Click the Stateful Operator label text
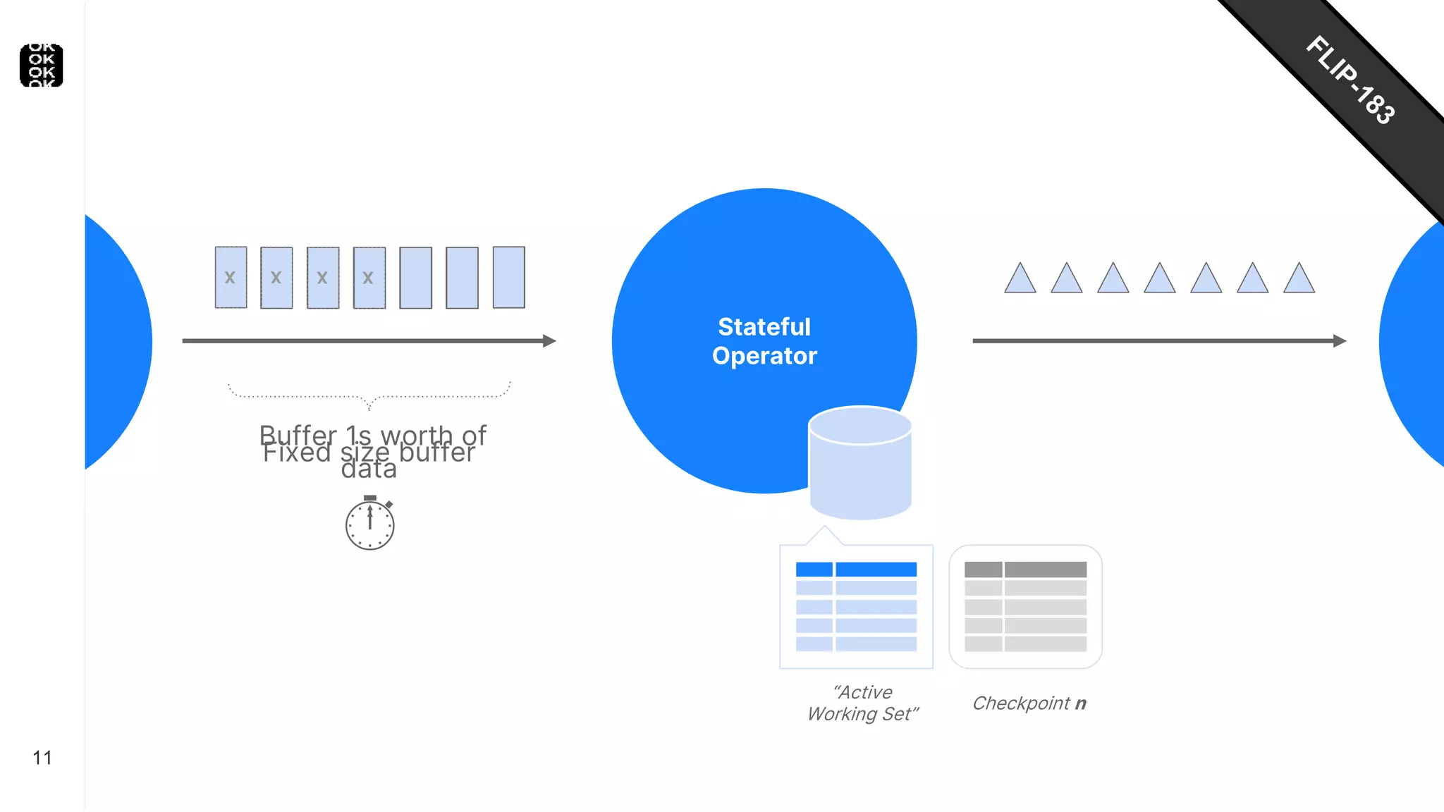764,341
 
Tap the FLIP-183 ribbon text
1350,80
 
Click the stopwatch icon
369,523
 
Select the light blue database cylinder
860,463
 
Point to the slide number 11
42,758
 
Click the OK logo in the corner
42,66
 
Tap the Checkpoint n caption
1029,703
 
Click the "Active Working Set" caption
863,703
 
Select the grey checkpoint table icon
1025,606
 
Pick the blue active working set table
856,606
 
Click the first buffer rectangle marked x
231,277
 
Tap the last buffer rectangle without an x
508,277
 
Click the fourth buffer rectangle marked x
369,277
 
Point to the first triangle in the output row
1020,280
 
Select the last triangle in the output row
1299,280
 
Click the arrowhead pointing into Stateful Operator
549,341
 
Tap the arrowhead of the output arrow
1340,341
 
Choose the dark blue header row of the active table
856,570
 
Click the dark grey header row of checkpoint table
1025,570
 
